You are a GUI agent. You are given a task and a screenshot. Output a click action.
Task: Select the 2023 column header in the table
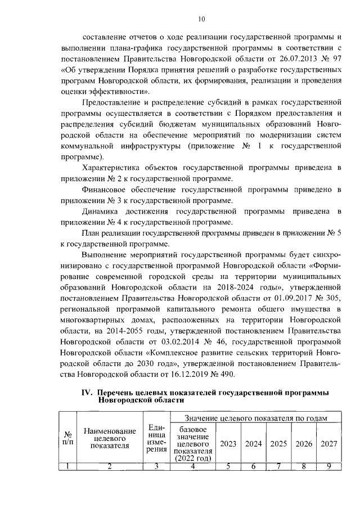coord(228,443)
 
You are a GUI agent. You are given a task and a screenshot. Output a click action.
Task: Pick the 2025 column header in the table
coord(278,443)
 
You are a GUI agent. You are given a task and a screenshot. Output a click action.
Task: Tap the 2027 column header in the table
coord(329,443)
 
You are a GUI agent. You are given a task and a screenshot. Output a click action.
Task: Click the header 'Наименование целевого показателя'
coord(110,438)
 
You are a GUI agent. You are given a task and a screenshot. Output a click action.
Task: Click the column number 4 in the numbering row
coord(192,465)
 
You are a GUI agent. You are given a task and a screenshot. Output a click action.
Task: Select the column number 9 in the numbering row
coord(329,465)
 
